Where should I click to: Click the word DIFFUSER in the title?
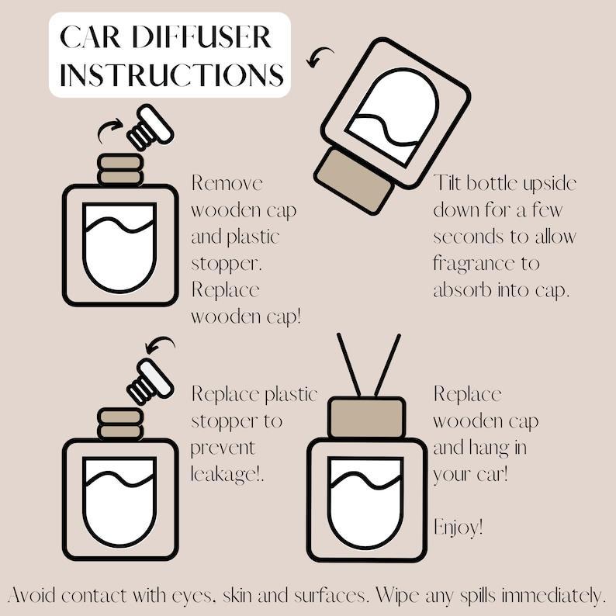pos(202,37)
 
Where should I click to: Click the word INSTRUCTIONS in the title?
pos(171,74)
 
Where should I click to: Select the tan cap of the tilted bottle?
pos(354,180)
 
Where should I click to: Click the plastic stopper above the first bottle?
pos(150,127)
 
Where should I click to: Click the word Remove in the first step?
pos(227,183)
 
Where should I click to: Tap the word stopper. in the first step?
pos(227,264)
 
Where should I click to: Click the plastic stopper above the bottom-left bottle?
pos(150,382)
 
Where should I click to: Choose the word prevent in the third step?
pos(223,448)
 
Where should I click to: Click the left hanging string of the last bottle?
pos(349,365)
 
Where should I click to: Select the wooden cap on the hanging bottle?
pos(366,417)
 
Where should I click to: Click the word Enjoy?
pos(458,528)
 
